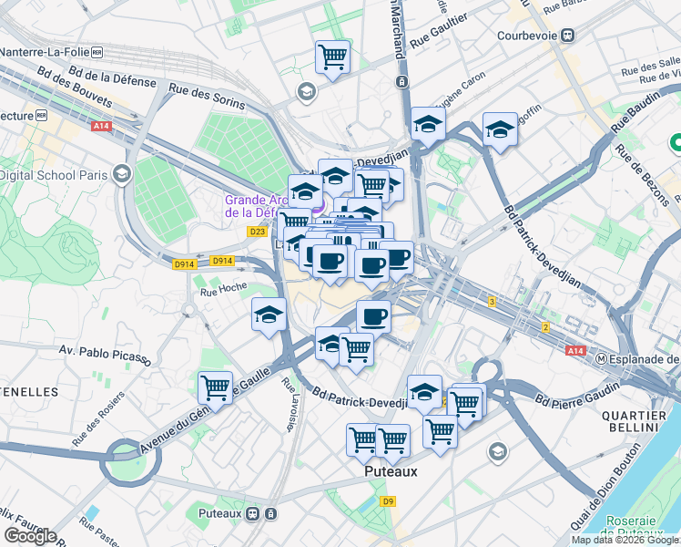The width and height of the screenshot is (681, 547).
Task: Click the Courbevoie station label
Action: tap(527, 36)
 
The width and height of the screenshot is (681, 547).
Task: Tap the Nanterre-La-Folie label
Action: tap(43, 53)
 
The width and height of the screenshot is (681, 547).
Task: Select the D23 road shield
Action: tap(257, 232)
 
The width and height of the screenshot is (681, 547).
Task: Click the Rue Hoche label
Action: tap(223, 292)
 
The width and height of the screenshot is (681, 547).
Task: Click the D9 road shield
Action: tap(389, 501)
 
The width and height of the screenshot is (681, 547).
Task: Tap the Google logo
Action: tap(30, 536)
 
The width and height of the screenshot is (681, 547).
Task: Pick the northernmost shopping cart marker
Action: tap(333, 57)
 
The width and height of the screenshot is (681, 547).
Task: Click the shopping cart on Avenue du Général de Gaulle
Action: tap(216, 387)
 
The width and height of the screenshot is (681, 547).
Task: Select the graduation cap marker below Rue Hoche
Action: tap(269, 315)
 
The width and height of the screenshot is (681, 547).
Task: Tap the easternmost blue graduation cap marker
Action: tap(500, 130)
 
